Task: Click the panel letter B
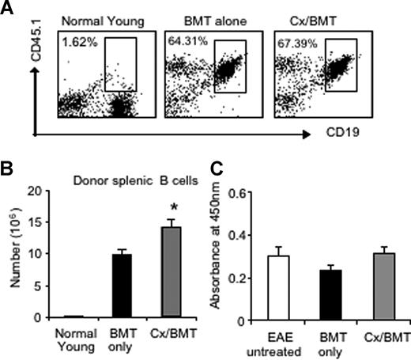coord(9,169)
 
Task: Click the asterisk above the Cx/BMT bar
coord(161,207)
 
